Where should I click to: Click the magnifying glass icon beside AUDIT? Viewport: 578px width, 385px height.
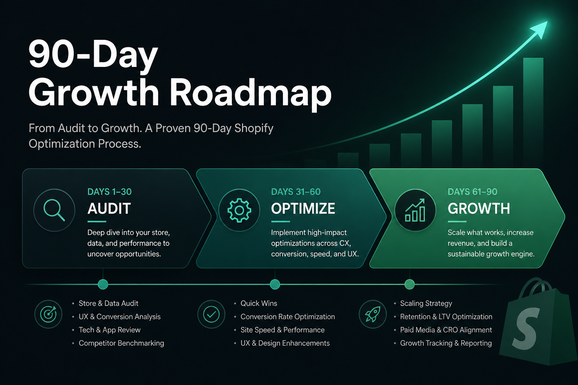(x=54, y=210)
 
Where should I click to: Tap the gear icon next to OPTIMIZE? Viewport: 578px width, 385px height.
(x=239, y=210)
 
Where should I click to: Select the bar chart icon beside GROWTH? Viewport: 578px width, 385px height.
(x=415, y=210)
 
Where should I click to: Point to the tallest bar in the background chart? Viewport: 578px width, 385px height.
(x=533, y=112)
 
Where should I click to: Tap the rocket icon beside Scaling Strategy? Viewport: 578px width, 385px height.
(x=373, y=314)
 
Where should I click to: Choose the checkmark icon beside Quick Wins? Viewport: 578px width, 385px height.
(x=211, y=314)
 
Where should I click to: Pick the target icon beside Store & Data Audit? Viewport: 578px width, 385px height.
(x=48, y=314)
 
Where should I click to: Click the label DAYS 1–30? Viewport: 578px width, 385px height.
(x=110, y=192)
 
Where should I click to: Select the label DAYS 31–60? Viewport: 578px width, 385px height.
(x=296, y=192)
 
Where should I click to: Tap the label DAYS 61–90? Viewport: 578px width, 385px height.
(x=473, y=192)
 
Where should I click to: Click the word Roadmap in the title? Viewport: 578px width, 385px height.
(x=251, y=93)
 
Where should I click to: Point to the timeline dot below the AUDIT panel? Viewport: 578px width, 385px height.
(x=103, y=284)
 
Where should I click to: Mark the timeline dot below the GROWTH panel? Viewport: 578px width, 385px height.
(x=409, y=284)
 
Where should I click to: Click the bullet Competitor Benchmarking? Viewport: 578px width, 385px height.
(x=121, y=343)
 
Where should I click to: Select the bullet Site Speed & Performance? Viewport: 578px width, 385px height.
(x=283, y=330)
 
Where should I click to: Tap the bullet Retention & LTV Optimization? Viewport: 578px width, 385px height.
(x=446, y=317)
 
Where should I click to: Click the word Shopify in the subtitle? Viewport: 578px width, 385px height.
(x=254, y=129)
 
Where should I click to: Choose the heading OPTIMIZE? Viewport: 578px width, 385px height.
(x=303, y=208)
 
